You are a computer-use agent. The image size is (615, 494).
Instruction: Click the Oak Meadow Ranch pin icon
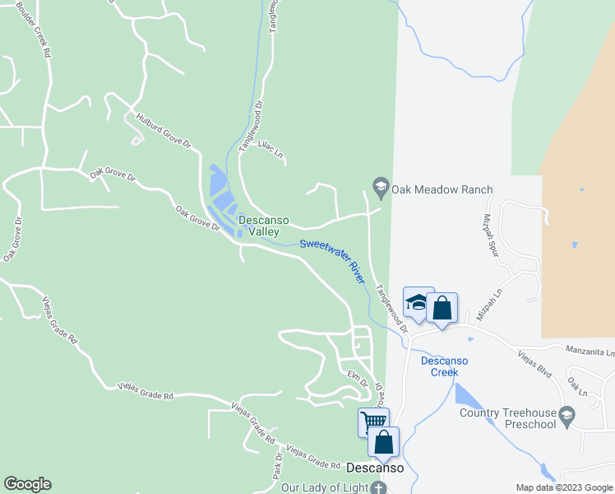(381, 189)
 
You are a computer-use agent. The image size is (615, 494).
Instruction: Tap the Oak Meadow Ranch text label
(442, 189)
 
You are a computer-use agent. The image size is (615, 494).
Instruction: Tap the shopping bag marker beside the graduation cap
(442, 309)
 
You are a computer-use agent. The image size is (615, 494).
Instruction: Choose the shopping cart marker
(373, 422)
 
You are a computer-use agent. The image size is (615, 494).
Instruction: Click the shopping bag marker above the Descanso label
(383, 443)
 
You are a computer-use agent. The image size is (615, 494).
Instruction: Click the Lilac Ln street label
(271, 152)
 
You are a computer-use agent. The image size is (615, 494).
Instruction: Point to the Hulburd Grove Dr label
(164, 131)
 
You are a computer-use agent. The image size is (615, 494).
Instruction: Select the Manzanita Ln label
(590, 352)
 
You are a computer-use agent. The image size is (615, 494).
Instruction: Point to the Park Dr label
(278, 466)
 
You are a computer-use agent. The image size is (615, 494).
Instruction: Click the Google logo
(27, 484)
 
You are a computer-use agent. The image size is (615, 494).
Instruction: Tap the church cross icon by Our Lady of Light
(379, 487)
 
